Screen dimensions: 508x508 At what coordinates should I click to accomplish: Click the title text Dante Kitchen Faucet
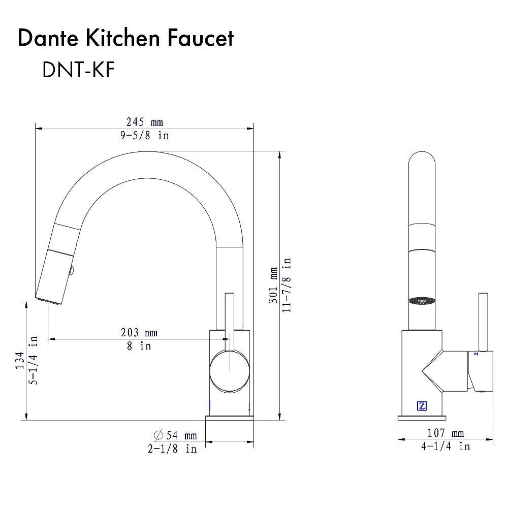pos(125,39)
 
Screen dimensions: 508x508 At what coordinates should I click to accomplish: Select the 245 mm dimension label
pos(144,122)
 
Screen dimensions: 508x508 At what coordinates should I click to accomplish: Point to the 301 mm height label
pos(273,285)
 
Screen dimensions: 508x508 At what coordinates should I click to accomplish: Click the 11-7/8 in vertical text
pos(287,285)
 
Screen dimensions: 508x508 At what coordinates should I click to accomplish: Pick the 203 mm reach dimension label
pos(139,333)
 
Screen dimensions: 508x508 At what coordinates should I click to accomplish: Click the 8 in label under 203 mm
pos(139,346)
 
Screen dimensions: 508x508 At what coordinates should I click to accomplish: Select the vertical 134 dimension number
pos(19,361)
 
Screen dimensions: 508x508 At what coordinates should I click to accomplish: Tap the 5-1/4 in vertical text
pos(34,361)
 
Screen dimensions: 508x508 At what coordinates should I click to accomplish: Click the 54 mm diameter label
pos(180,435)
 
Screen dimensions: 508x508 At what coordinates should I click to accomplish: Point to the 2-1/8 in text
pos(172,449)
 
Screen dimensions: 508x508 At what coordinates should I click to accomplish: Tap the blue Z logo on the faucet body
pos(422,406)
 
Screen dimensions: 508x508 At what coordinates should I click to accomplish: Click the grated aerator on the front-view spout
pos(423,300)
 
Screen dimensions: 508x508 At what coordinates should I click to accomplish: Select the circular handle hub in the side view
pos(230,372)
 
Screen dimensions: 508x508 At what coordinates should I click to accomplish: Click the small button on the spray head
pos(72,272)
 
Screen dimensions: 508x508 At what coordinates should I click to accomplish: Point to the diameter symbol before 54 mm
pos(158,435)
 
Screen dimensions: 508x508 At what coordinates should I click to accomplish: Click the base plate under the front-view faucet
pos(229,418)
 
